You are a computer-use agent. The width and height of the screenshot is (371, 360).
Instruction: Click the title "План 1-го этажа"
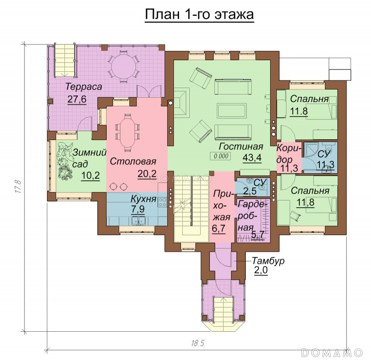pyautogui.click(x=199, y=14)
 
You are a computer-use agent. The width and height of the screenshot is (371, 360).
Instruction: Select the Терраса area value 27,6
pyautogui.click(x=77, y=99)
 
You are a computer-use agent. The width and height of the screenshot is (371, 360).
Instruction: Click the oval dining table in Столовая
pyautogui.click(x=127, y=131)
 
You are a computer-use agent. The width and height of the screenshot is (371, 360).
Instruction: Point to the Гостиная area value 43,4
pyautogui.click(x=252, y=158)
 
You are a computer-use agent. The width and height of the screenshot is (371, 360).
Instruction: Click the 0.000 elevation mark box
pyautogui.click(x=221, y=156)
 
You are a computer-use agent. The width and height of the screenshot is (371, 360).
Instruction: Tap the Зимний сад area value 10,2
pyautogui.click(x=90, y=176)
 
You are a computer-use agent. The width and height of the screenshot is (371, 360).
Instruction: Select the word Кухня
pyautogui.click(x=143, y=199)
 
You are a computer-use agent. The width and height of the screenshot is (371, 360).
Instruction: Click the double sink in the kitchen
pyautogui.click(x=138, y=221)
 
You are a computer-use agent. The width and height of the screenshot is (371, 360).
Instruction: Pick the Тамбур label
pyautogui.click(x=268, y=261)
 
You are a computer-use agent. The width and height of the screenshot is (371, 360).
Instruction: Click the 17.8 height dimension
pyautogui.click(x=19, y=187)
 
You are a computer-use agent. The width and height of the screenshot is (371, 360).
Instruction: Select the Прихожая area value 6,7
pyautogui.click(x=218, y=228)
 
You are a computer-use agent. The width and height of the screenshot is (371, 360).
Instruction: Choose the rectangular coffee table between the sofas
pyautogui.click(x=231, y=111)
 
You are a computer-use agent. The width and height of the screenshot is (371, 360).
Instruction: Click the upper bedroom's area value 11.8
pyautogui.click(x=299, y=111)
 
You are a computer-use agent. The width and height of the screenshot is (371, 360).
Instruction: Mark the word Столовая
pyautogui.click(x=133, y=161)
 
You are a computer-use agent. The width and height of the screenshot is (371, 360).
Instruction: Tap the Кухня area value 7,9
pyautogui.click(x=138, y=209)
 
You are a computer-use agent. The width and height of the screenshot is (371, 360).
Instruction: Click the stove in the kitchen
pyautogui.click(x=163, y=202)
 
